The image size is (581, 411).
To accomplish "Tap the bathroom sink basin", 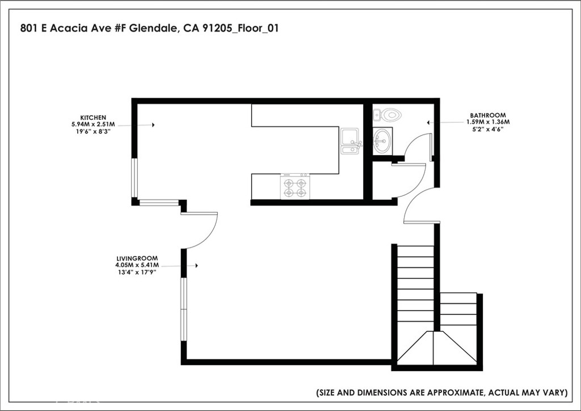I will pyautogui.click(x=382, y=139).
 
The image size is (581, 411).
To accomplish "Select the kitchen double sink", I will pyautogui.click(x=350, y=141).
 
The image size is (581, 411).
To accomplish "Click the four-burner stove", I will pyautogui.click(x=295, y=186).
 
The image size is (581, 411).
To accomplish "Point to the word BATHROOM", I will pyautogui.click(x=487, y=115).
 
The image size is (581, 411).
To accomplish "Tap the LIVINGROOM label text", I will pyautogui.click(x=136, y=258).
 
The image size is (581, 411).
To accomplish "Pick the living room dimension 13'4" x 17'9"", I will pyautogui.click(x=136, y=272).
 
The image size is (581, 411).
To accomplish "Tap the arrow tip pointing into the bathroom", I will pyautogui.click(x=428, y=122).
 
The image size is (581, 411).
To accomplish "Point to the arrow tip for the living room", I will pyautogui.click(x=197, y=265).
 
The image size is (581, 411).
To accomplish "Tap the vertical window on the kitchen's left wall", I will pyautogui.click(x=134, y=177).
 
